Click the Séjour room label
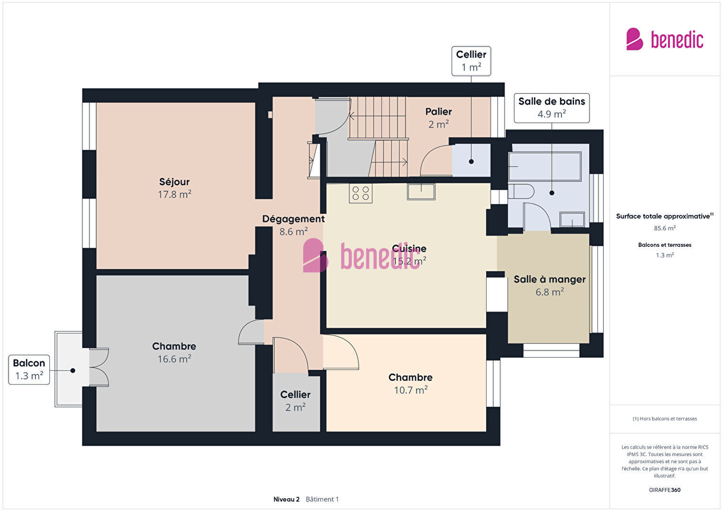tap(174, 182)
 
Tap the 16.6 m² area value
tap(174, 359)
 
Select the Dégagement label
tap(293, 219)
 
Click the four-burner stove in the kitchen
tap(361, 193)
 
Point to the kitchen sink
tap(421, 192)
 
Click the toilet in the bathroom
tap(521, 191)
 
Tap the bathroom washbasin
tap(572, 220)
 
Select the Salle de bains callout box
tap(551, 108)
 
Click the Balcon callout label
tap(29, 370)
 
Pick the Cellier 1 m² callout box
tap(471, 61)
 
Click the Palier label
tap(438, 112)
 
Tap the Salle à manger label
tap(550, 279)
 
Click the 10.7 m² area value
tap(411, 390)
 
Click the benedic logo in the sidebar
tap(665, 39)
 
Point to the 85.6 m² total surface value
tap(665, 228)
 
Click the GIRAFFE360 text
tap(665, 490)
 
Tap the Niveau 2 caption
tap(286, 499)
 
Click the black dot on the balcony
tap(73, 371)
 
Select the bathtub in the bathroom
tap(545, 166)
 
